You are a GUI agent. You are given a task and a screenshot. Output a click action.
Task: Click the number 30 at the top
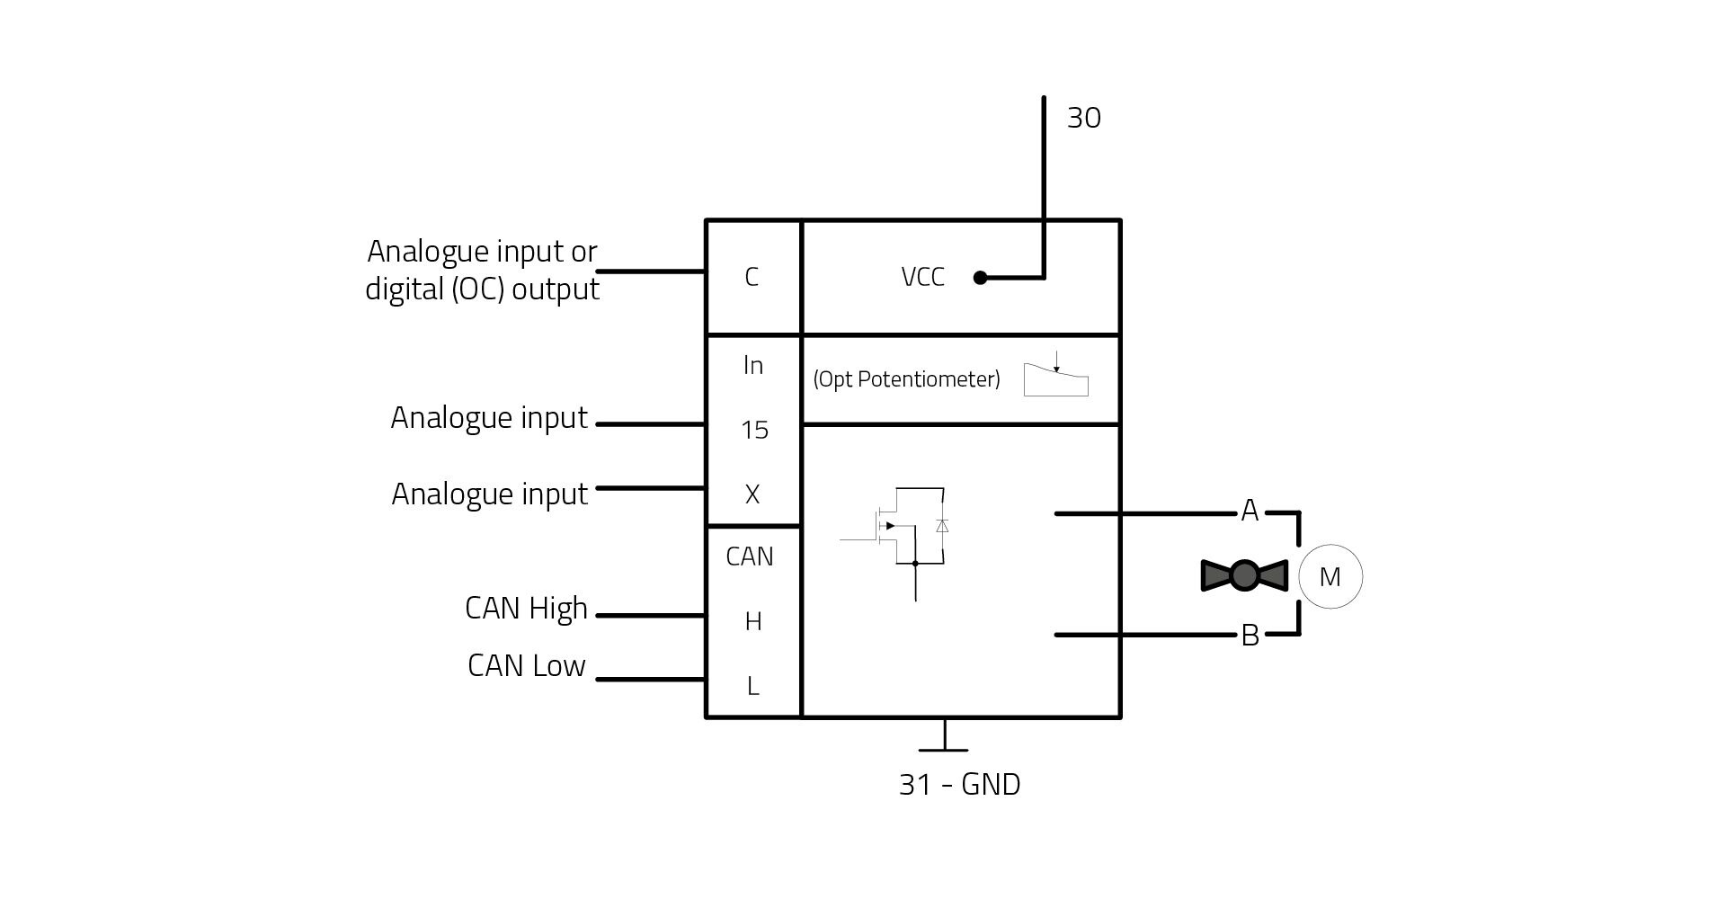1083,118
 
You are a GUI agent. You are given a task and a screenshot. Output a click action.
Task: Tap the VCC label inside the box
922,277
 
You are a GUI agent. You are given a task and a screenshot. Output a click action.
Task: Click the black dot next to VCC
981,278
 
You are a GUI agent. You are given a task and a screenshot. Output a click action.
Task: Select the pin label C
752,277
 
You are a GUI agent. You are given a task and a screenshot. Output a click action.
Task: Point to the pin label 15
754,430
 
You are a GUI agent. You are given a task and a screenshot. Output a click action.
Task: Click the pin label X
752,494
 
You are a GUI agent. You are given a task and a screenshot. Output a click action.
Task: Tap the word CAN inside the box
750,556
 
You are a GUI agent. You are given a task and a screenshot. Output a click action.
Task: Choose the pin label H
753,621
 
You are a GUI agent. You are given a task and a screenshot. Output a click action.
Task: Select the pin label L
753,686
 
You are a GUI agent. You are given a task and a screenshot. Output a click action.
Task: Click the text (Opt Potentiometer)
906,379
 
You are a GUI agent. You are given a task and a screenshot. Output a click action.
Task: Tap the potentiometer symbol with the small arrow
1056,375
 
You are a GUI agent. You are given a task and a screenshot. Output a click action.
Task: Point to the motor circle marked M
1330,576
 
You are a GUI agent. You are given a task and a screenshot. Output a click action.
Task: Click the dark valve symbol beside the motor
1244,575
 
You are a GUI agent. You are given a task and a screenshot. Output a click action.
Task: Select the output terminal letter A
1250,511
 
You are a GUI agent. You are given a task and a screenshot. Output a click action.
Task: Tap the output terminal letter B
1250,636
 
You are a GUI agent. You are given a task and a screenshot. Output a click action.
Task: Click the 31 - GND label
960,785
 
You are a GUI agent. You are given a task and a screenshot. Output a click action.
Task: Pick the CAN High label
526,610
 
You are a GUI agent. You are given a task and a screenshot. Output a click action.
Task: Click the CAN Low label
527,666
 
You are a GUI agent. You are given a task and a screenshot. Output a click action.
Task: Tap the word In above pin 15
753,365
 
